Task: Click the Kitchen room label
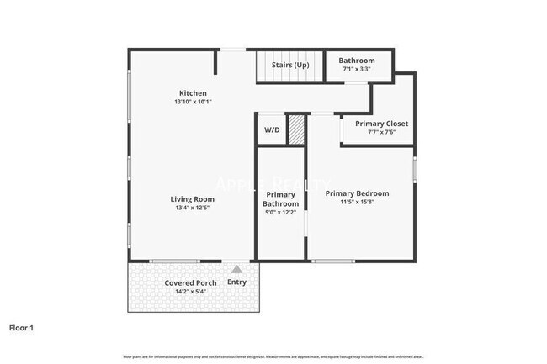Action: pos(193,93)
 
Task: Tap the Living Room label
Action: pos(193,199)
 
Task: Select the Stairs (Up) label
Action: pos(289,64)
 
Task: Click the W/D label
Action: pos(271,130)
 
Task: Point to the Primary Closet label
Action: pos(381,124)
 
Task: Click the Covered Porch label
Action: pos(190,282)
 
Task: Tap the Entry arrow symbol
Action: pos(236,270)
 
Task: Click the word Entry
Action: pos(236,282)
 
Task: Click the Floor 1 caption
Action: pos(21,327)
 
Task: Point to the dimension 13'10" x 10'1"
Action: pos(193,102)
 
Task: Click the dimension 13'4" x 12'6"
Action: pos(193,208)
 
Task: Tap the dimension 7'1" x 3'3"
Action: pos(357,69)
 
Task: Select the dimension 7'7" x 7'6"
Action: pos(381,132)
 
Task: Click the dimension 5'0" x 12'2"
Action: pos(280,213)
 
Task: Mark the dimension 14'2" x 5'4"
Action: pos(190,291)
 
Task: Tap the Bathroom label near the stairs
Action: pos(357,61)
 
